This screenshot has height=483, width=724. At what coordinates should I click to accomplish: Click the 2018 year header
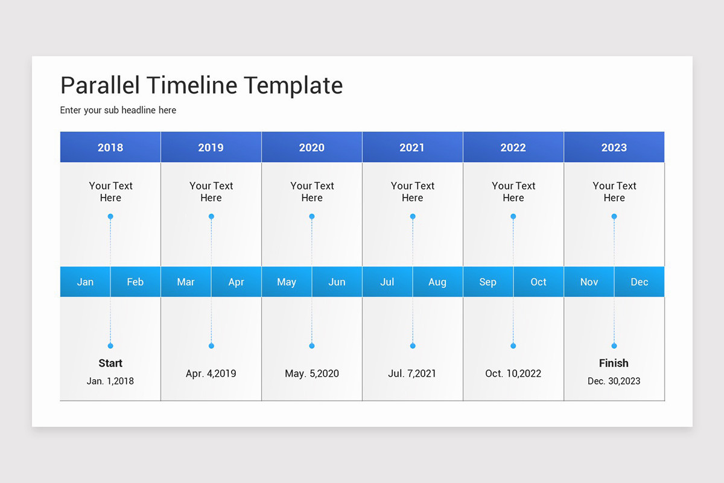(x=110, y=147)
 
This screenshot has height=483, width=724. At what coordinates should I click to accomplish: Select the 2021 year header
(x=412, y=147)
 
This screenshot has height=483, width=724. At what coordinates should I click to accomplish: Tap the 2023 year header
(x=614, y=147)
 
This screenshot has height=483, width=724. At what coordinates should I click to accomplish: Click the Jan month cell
(x=85, y=282)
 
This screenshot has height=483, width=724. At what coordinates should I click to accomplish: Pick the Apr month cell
(x=236, y=282)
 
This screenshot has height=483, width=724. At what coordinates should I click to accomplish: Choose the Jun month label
(x=337, y=282)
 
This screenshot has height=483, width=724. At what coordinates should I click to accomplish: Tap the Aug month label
(x=437, y=282)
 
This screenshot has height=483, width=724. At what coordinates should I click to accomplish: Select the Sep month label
(x=487, y=282)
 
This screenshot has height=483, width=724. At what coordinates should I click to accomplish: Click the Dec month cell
(x=639, y=282)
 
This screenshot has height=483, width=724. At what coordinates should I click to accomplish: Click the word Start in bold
(x=110, y=363)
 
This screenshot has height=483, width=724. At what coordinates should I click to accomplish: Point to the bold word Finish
(x=614, y=363)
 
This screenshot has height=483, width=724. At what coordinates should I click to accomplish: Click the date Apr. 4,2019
(x=211, y=374)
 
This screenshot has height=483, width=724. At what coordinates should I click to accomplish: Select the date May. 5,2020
(x=312, y=374)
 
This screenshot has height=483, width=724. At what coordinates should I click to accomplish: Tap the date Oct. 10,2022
(x=513, y=374)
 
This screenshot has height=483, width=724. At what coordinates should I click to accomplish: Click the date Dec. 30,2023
(x=614, y=381)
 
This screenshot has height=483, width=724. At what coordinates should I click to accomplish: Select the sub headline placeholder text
(x=118, y=110)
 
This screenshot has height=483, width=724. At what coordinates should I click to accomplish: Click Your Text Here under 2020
(x=312, y=192)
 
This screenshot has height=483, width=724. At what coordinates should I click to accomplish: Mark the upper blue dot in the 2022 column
(x=513, y=216)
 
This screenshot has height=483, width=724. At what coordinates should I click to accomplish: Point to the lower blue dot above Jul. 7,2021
(x=413, y=346)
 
